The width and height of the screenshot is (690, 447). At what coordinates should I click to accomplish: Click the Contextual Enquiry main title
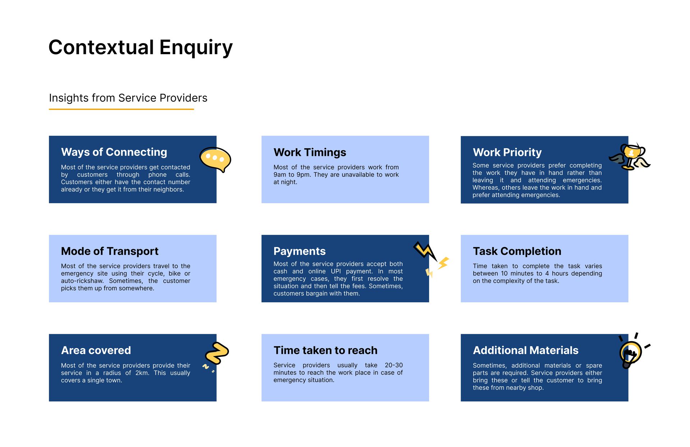pos(141,47)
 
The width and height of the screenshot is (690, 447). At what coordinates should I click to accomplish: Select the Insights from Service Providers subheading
pos(128,98)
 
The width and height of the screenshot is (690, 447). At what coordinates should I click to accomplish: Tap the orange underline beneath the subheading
pos(121,109)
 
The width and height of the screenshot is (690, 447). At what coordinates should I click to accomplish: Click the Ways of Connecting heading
pos(114,152)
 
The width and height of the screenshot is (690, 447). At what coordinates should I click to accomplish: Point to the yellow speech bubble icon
pos(215,160)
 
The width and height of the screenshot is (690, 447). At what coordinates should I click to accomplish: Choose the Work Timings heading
pos(310,152)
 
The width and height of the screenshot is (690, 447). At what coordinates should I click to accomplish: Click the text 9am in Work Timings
pos(280,175)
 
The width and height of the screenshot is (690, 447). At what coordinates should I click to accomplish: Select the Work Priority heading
pos(507,152)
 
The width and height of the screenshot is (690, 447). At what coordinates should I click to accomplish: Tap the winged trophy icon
pos(630,157)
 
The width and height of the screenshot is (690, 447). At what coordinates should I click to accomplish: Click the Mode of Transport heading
pos(110,251)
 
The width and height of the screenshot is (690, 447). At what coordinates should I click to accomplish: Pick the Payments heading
pos(299,251)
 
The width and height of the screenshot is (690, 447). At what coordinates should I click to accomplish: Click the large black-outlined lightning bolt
pos(425,251)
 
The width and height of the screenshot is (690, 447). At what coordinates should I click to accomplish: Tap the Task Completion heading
pos(517,251)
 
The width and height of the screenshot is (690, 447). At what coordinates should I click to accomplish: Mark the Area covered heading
pos(96,350)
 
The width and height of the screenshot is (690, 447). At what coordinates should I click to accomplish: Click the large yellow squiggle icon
pos(217,353)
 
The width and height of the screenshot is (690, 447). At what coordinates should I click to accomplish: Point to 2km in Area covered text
pos(142,373)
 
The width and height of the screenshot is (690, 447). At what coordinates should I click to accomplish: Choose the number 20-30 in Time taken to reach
pos(394,365)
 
